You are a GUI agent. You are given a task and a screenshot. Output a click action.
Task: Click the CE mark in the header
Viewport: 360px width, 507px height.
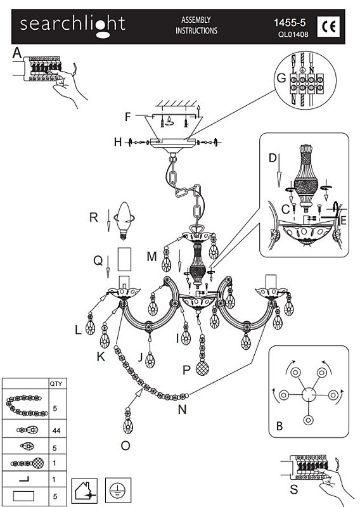point(328,27)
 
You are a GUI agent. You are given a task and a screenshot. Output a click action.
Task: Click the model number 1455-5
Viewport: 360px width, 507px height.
point(290,23)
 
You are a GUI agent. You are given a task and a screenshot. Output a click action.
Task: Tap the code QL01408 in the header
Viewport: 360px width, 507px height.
point(293,34)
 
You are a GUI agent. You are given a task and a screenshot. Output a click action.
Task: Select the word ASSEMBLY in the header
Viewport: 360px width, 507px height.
point(196,20)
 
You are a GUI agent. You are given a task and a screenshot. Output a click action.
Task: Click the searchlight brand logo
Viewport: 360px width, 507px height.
point(72,26)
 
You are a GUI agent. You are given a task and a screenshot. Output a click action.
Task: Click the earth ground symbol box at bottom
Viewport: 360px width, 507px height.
point(118,491)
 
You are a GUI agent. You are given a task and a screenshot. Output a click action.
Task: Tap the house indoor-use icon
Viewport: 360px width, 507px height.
point(84,491)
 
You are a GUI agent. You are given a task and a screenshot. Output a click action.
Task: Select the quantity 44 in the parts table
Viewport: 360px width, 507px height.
point(56,431)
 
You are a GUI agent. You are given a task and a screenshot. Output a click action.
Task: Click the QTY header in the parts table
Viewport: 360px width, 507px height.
point(56,384)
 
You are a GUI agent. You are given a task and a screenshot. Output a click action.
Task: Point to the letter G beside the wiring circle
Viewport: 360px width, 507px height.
point(281,78)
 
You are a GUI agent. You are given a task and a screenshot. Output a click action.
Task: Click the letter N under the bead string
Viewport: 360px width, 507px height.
point(182,409)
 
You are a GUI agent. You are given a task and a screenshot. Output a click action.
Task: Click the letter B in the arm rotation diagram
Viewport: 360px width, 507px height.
point(280,426)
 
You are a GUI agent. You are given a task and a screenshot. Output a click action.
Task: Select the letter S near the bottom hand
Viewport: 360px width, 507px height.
point(293,489)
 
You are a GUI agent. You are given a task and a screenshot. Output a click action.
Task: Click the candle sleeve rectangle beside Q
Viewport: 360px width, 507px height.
point(124,259)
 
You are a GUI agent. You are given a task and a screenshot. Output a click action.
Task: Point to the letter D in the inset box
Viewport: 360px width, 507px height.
point(273,158)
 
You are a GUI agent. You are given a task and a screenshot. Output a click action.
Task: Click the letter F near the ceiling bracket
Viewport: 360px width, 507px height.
point(128,117)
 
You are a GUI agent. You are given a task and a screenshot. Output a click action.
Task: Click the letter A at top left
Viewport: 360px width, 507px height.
point(17,53)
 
